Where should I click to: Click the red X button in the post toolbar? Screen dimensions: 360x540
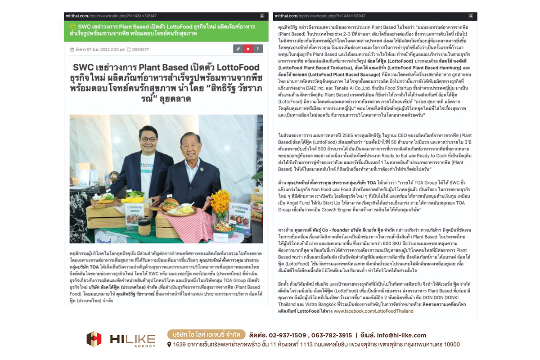[x=247, y=49]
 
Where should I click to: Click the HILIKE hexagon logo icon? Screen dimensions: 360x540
[x=94, y=339]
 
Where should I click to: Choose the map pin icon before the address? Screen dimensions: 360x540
[x=169, y=345]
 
